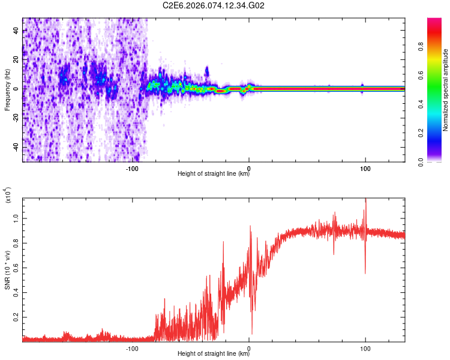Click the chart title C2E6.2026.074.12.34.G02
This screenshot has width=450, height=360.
pyautogui.click(x=214, y=5)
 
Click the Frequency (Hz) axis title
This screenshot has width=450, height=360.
pyautogui.click(x=7, y=89)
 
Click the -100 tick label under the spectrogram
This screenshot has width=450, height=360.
pyautogui.click(x=133, y=168)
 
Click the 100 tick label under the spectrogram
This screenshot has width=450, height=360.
pyautogui.click(x=365, y=168)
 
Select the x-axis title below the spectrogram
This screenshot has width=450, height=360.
pyautogui.click(x=214, y=175)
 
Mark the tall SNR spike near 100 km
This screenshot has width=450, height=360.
pyautogui.click(x=365, y=207)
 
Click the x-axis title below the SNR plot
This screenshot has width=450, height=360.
pyautogui.click(x=214, y=355)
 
